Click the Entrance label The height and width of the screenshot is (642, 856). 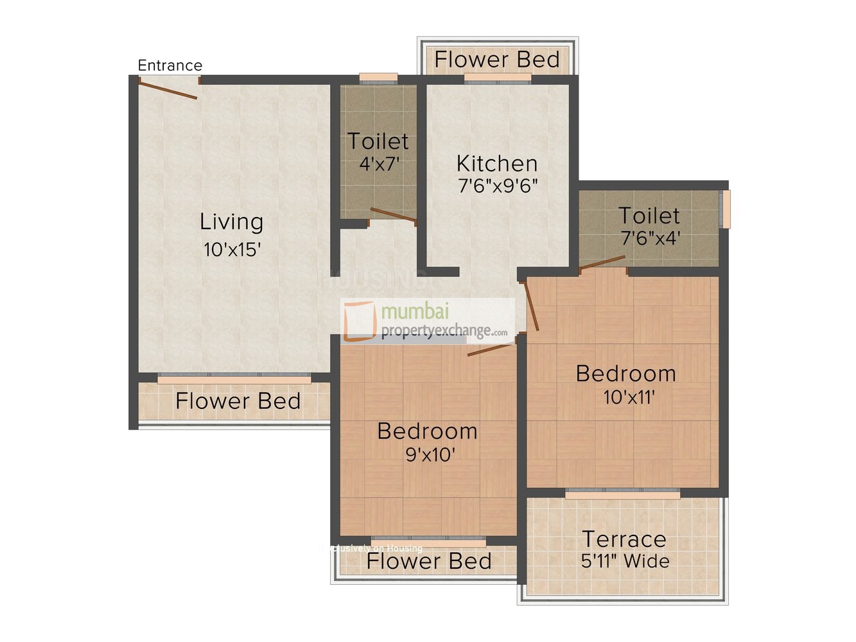coord(170,65)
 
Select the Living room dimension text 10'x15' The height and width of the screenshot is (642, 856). coord(232,250)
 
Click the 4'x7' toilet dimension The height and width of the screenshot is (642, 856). coord(379,164)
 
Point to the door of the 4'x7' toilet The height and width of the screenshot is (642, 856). coord(393,215)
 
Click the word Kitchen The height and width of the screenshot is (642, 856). coord(496,163)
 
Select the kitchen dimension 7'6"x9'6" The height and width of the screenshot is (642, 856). coord(498,186)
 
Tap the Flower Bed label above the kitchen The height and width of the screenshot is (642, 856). coord(497,60)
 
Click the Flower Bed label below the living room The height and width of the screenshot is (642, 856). coord(238,401)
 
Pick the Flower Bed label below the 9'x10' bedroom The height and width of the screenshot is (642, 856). coord(428,561)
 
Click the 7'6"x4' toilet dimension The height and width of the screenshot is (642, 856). coord(650,238)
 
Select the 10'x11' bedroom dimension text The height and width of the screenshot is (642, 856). coord(629,397)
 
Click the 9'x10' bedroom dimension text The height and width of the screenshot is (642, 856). coord(430,455)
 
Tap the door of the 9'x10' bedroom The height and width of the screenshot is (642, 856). coord(491,349)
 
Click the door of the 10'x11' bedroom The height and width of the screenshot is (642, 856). coord(532,306)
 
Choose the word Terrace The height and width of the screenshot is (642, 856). coord(624,539)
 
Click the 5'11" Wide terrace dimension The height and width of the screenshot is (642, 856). coord(625,561)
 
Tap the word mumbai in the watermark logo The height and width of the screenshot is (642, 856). coord(415,311)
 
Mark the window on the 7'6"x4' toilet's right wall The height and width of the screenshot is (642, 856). coord(727,209)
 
